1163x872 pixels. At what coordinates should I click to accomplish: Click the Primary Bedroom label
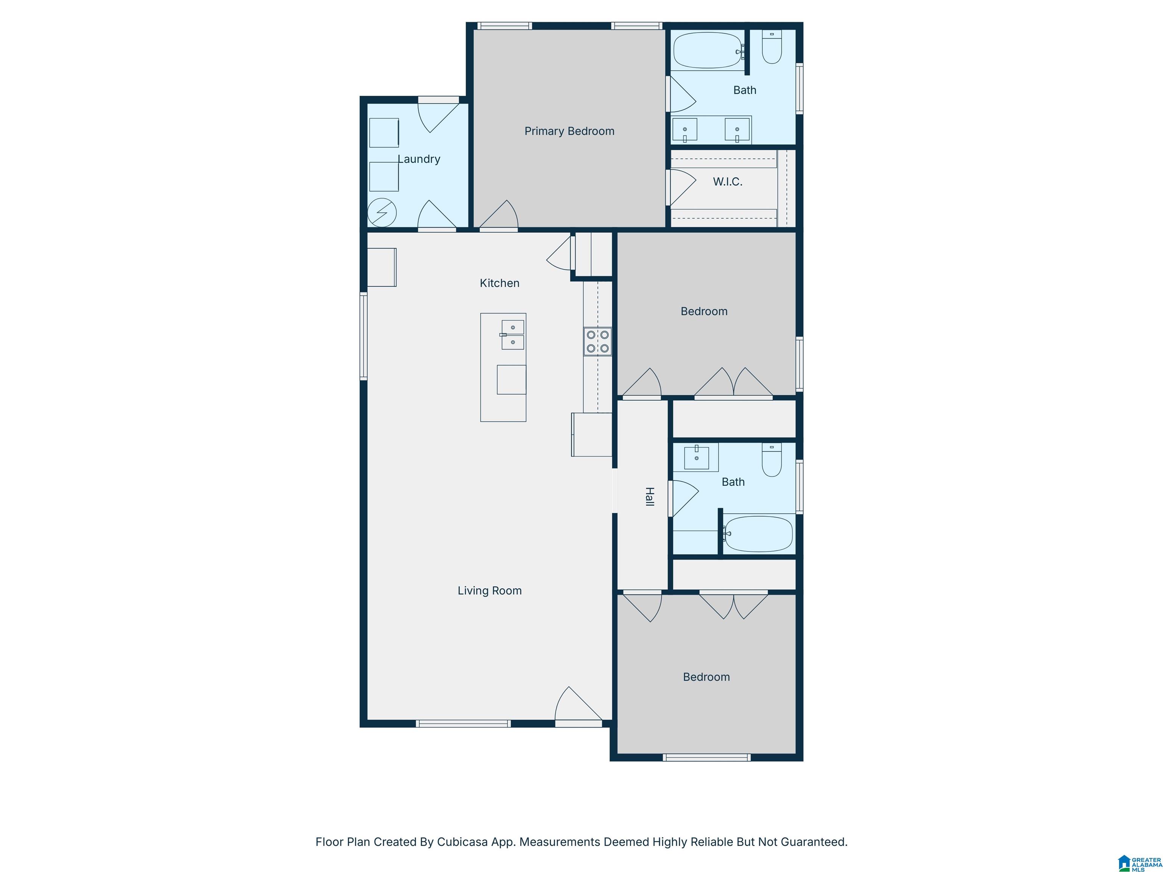pyautogui.click(x=569, y=131)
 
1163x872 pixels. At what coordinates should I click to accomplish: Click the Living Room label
pyautogui.click(x=490, y=591)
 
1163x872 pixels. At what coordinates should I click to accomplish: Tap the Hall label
pyautogui.click(x=650, y=497)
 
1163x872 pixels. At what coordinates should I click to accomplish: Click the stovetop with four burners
pyautogui.click(x=597, y=341)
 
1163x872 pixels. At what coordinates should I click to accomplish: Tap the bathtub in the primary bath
pyautogui.click(x=708, y=50)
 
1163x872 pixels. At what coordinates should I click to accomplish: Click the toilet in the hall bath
pyautogui.click(x=772, y=460)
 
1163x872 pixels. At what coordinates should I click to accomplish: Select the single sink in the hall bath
pyautogui.click(x=697, y=457)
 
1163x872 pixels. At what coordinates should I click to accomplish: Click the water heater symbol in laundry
pyautogui.click(x=382, y=213)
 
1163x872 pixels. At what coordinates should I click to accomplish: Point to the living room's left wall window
pyautogui.click(x=363, y=336)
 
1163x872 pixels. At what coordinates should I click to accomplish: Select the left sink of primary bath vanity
pyautogui.click(x=684, y=130)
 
